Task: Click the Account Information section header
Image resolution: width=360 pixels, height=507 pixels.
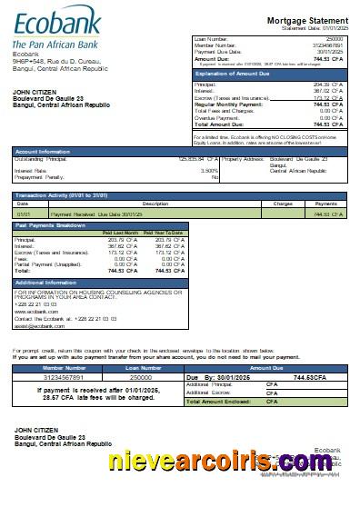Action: pyautogui.click(x=44, y=151)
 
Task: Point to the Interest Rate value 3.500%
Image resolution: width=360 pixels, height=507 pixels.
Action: pyautogui.click(x=209, y=169)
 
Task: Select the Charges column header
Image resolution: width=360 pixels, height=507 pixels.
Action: pyautogui.click(x=282, y=204)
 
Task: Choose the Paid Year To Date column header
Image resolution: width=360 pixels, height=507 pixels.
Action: pyautogui.click(x=163, y=233)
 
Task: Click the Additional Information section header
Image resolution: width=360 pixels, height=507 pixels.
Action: pyautogui.click(x=45, y=282)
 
